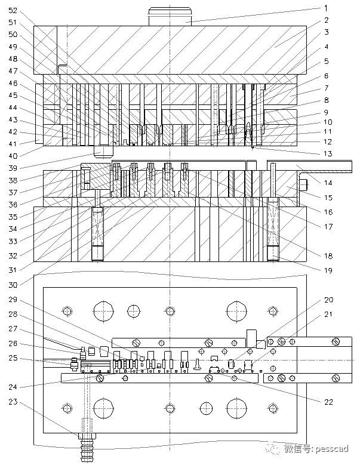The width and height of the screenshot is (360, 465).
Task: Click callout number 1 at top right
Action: point(326,8)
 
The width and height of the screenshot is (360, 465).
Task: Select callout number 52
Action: point(13,11)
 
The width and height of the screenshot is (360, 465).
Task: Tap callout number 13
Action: point(328,153)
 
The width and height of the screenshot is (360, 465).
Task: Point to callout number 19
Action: point(328,270)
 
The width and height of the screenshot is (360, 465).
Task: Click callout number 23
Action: point(13,402)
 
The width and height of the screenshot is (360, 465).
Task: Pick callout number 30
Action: point(13,285)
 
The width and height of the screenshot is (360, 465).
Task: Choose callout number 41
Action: point(13,144)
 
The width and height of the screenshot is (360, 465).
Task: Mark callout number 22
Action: point(328,402)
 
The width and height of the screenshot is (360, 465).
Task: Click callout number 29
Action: point(13,300)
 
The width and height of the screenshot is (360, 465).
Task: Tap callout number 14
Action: point(328,183)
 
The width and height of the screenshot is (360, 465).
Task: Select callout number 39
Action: point(13,168)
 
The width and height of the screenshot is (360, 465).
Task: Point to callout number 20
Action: point(328,300)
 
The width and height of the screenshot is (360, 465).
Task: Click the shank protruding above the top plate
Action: point(170,17)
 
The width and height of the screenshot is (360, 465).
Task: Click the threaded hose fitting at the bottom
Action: point(87,449)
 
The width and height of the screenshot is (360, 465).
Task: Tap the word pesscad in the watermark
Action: point(332,449)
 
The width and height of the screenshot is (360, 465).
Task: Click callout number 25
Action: point(13,358)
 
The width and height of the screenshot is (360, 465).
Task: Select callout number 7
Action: point(326,88)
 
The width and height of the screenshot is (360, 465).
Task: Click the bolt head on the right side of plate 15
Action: point(303,185)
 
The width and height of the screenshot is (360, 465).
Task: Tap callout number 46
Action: point(13,84)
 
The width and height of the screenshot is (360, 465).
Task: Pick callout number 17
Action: point(328,227)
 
